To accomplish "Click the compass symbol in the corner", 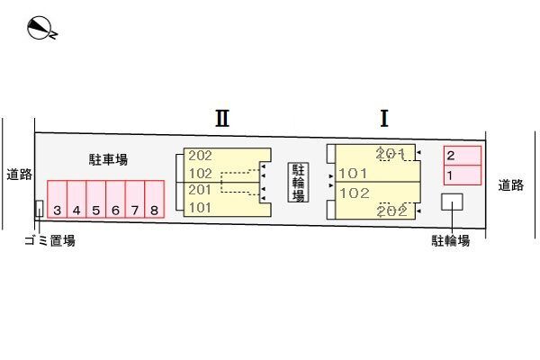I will (x=41, y=29).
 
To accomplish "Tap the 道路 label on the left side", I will (x=18, y=175).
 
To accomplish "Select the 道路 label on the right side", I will (x=511, y=185).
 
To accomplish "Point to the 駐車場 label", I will (x=108, y=160).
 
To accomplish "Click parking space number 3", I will (x=57, y=211).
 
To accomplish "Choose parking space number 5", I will (x=96, y=211).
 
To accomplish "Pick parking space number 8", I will (x=155, y=211).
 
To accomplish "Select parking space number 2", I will (x=451, y=156).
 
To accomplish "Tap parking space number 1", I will (x=450, y=174).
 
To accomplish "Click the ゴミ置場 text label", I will (x=49, y=240).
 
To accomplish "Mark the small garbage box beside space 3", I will (x=39, y=209).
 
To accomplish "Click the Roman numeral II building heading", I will (x=222, y=118).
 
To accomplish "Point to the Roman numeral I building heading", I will (x=383, y=118).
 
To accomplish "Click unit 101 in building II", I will (x=201, y=208).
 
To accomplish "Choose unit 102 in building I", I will (x=355, y=193).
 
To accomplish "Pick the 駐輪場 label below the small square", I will (x=450, y=240).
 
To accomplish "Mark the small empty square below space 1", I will (x=451, y=202).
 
